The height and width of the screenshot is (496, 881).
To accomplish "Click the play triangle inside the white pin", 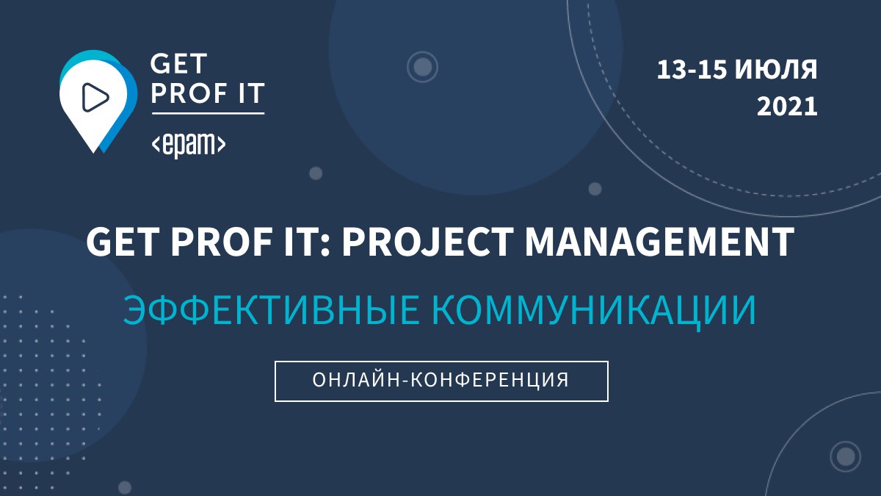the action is (x=95, y=97).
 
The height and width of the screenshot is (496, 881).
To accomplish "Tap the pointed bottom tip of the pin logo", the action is (x=94, y=152).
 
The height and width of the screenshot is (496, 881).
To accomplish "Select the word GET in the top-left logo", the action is (x=178, y=64).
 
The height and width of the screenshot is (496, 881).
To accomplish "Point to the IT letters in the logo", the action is (x=250, y=93).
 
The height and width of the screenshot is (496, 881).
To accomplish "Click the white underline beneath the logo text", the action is (x=208, y=114).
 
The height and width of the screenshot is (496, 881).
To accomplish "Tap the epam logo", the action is (x=189, y=145).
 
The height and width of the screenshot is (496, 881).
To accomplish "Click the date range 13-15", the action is (x=692, y=70).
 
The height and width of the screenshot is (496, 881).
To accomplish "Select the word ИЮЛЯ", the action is (x=776, y=70).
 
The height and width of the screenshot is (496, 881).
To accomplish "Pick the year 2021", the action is (x=787, y=107).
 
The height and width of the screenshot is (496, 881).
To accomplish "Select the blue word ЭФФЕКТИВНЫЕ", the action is (x=271, y=310).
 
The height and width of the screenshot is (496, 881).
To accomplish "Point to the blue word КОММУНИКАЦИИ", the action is (x=594, y=311).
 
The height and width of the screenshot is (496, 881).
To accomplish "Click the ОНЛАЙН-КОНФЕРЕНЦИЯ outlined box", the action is (x=441, y=381).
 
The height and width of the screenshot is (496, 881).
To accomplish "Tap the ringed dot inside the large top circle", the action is (x=422, y=67).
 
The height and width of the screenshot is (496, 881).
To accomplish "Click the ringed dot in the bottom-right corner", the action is (x=845, y=456).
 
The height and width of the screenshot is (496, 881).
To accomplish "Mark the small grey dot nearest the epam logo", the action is (x=316, y=173).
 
